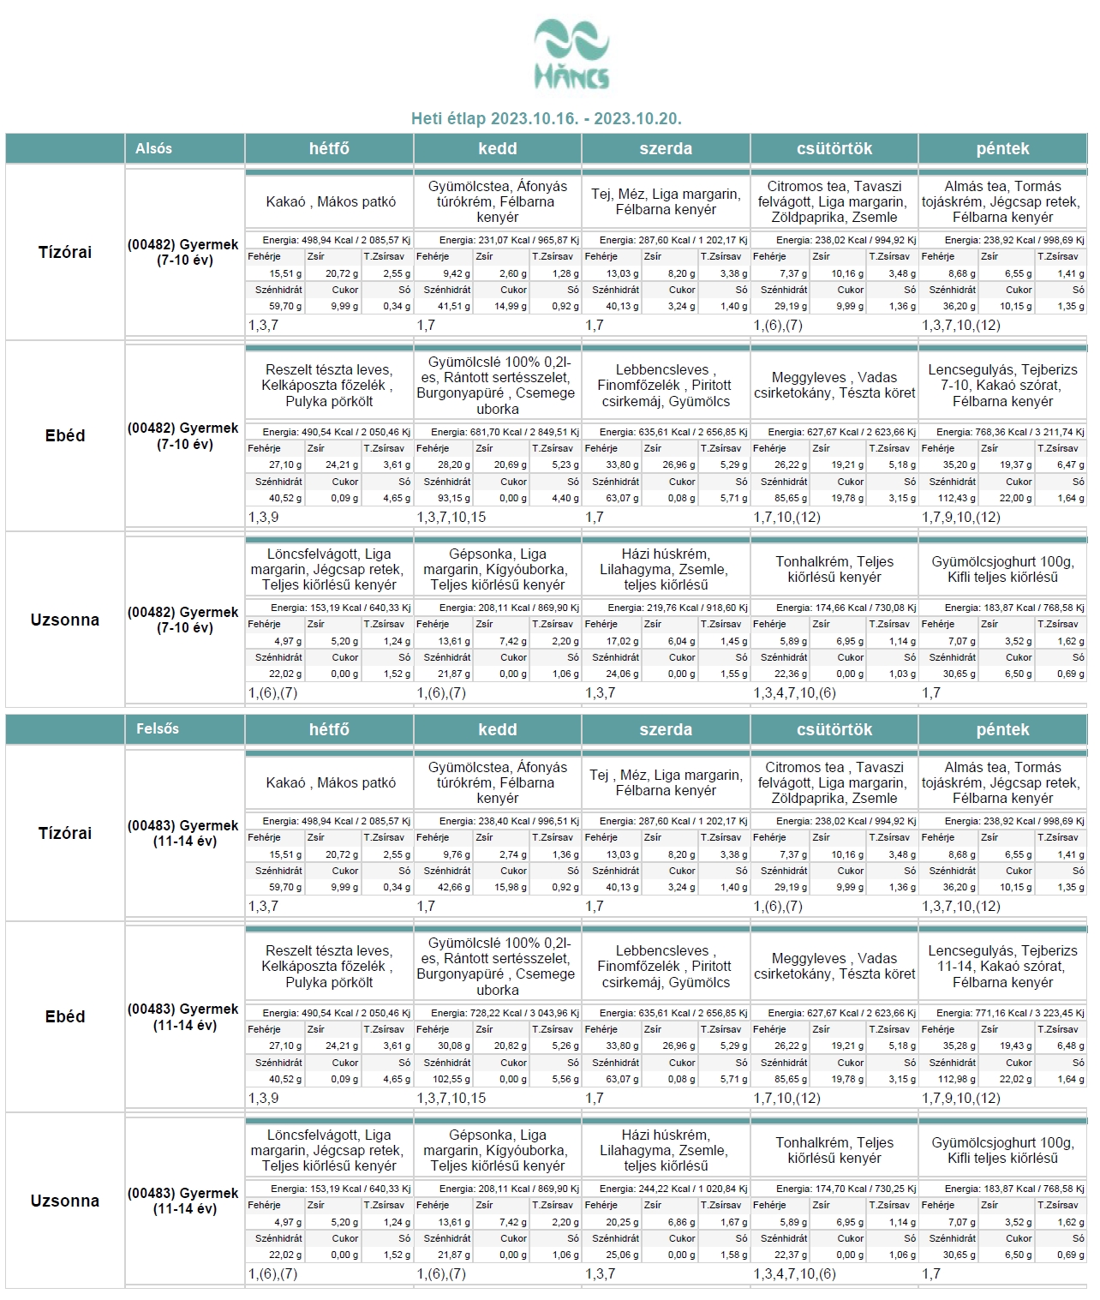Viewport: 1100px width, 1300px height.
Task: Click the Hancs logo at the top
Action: click(x=571, y=56)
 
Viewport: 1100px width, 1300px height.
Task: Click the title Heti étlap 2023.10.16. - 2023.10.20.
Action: click(x=547, y=119)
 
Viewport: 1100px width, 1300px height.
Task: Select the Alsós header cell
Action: click(x=154, y=148)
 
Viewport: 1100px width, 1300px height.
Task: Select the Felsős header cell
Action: click(x=158, y=729)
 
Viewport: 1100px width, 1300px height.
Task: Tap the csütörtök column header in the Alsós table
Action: click(x=834, y=148)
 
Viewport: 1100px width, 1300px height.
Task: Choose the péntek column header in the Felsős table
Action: click(x=1002, y=729)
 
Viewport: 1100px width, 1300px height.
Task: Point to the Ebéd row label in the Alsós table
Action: click(x=65, y=435)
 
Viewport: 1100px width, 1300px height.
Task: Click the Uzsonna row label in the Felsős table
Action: click(x=65, y=1201)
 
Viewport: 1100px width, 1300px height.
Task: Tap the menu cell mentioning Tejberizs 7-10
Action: click(x=1002, y=386)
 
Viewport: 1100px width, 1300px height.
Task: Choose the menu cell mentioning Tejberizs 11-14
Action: click(x=1002, y=967)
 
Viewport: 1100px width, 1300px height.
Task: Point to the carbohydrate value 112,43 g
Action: click(x=955, y=499)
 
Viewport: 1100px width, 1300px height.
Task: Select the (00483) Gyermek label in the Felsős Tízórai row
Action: click(x=183, y=833)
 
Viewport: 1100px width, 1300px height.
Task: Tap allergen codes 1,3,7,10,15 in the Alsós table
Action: click(x=451, y=518)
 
